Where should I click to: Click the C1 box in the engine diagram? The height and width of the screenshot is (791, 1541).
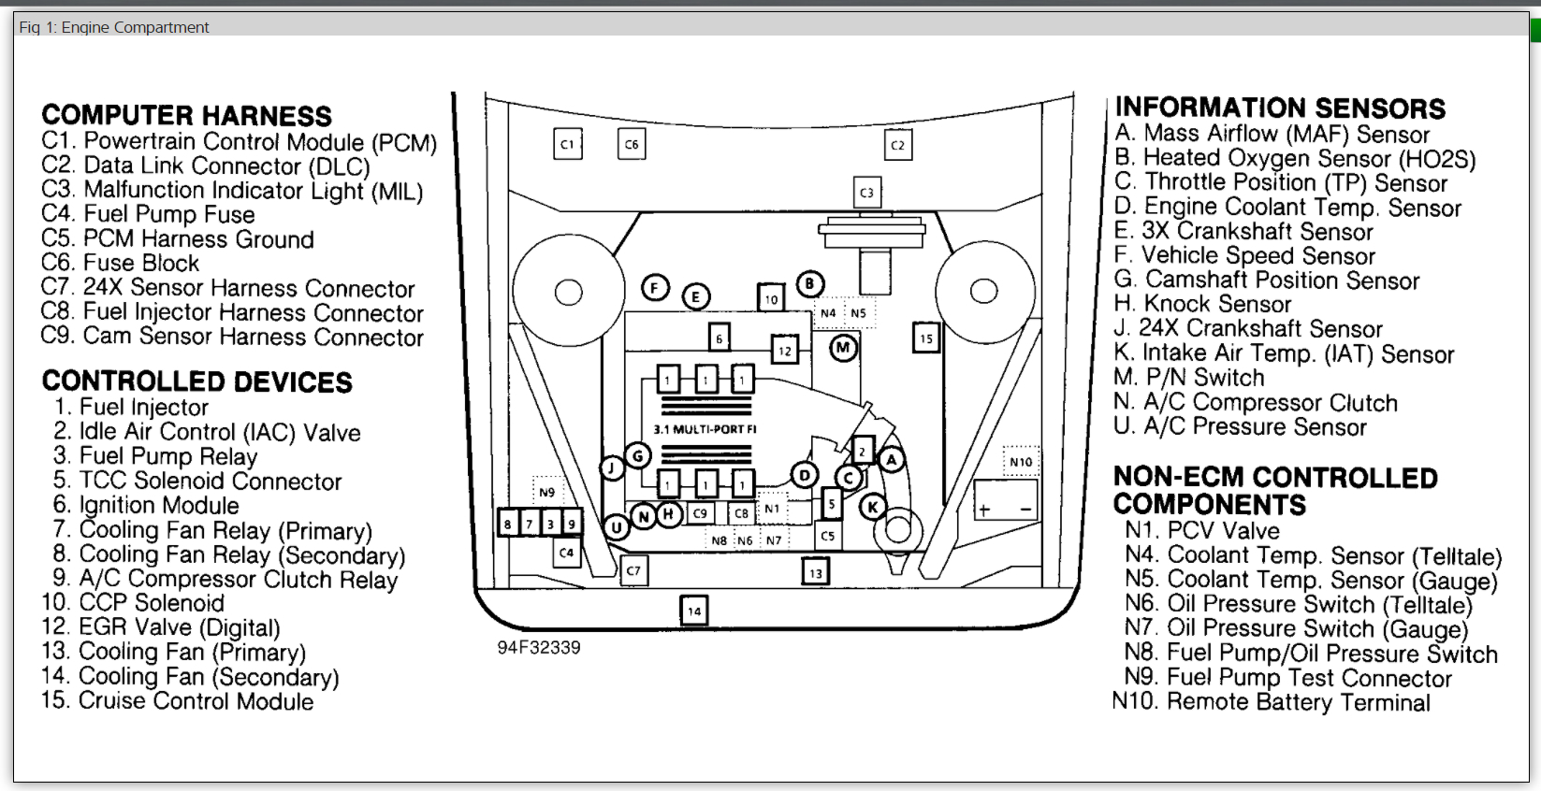point(567,144)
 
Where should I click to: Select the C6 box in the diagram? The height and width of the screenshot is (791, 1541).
point(632,144)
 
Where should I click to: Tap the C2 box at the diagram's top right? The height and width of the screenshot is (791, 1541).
point(897,145)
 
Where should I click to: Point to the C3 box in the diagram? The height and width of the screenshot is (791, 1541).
point(866,193)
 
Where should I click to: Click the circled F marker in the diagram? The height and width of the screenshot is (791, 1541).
point(655,288)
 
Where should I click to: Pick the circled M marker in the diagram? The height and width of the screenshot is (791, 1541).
point(843,349)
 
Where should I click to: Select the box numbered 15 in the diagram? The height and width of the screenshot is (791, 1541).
point(925,338)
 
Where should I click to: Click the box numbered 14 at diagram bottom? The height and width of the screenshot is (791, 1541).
point(693,611)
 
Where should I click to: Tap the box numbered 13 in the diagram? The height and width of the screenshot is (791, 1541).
point(816,572)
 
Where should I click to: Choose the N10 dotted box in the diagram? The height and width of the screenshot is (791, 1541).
point(1021,462)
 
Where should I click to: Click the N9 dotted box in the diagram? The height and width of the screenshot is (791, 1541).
point(546,492)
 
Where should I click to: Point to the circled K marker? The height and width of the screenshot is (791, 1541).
point(872,508)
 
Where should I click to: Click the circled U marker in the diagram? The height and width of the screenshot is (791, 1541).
point(616,528)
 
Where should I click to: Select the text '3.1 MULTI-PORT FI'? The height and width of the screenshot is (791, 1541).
point(705,429)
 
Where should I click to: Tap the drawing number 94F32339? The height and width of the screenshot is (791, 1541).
point(538,648)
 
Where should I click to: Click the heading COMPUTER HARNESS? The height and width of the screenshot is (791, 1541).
point(186,116)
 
